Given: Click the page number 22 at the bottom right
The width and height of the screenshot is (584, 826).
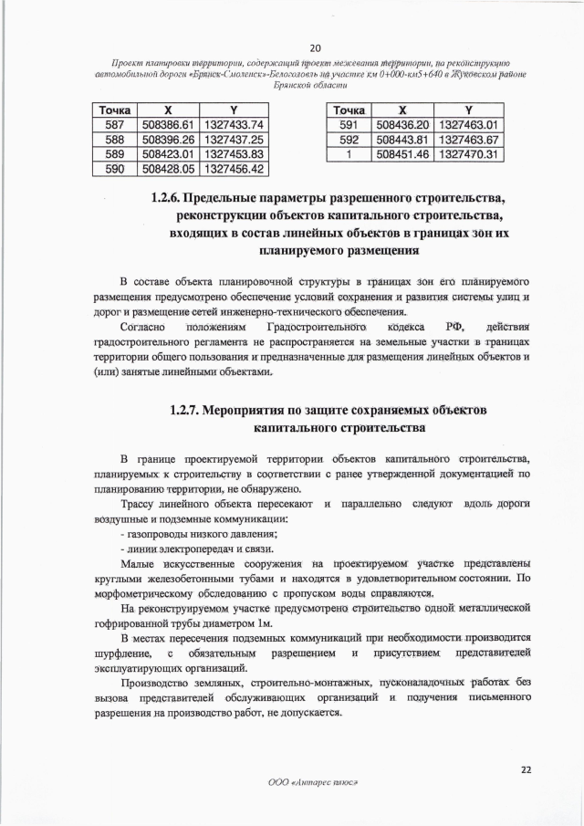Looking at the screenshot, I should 526,769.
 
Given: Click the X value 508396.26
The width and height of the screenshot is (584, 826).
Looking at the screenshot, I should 165,140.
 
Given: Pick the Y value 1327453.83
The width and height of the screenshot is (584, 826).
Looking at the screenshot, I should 234,154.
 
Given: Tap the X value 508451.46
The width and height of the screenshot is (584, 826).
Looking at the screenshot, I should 401,154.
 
